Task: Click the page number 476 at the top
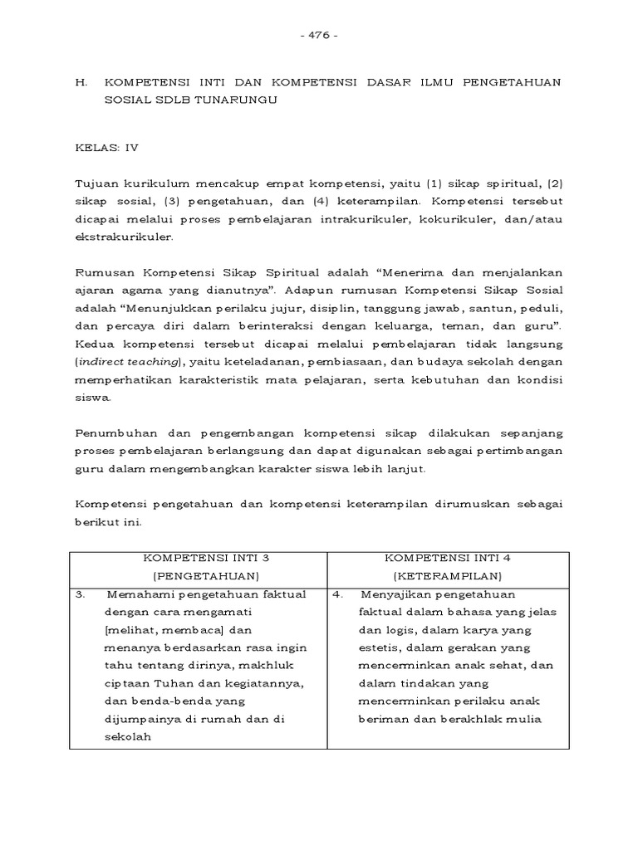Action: click(x=318, y=36)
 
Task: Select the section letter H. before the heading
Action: click(x=81, y=82)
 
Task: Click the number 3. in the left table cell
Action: click(x=81, y=594)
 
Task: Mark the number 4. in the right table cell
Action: click(x=338, y=594)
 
